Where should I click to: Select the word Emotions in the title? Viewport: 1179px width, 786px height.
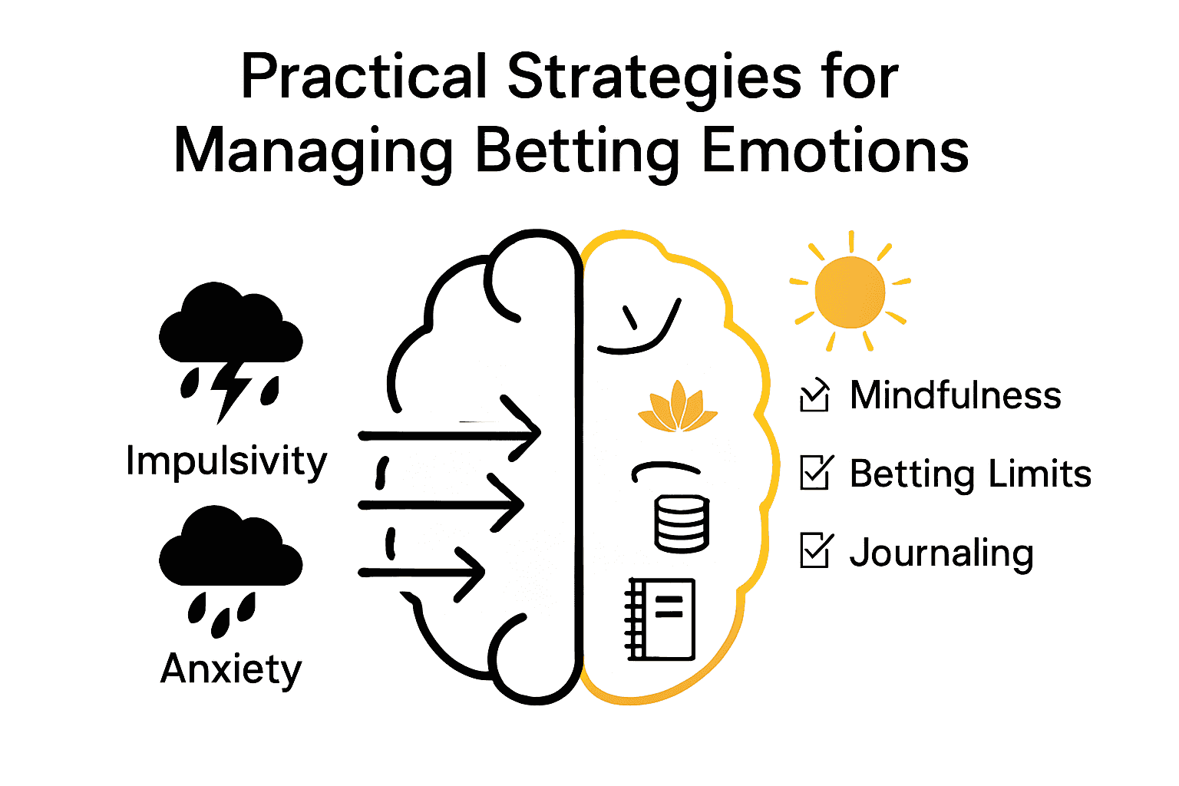coord(835,150)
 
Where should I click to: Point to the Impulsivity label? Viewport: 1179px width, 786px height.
coord(226,461)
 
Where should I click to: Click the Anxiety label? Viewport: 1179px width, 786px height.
coord(231,669)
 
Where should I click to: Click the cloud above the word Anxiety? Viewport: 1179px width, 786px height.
coord(230,547)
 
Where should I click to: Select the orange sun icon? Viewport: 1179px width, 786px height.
coord(850,292)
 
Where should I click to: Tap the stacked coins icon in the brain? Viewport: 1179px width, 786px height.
coord(682,523)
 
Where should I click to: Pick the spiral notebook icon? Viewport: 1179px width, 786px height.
coord(661,619)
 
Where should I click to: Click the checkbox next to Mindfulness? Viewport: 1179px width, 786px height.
coord(814,396)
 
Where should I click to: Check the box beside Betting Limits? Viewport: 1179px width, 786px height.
coord(814,473)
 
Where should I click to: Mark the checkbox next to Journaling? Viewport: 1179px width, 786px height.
coord(814,550)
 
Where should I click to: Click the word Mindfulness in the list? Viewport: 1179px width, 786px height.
coord(956,396)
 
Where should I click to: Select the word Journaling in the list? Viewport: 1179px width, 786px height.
coord(942,553)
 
